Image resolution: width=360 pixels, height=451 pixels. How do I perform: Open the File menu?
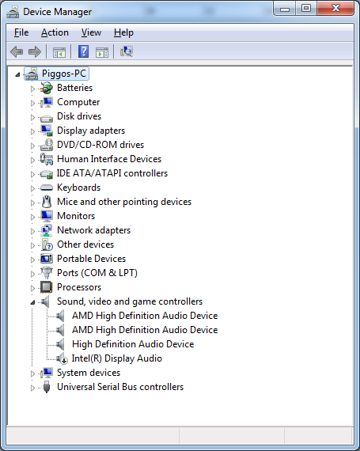point(21,32)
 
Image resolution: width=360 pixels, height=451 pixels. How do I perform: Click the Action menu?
point(55,32)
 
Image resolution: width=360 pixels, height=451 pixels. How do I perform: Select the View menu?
point(91,32)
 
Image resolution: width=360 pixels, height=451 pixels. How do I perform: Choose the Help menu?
point(123,32)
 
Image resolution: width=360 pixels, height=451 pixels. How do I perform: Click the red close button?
point(335,8)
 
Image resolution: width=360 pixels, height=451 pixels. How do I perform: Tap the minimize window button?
point(285,9)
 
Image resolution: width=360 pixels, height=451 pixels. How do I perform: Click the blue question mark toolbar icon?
point(83,51)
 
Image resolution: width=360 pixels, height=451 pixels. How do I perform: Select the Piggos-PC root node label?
point(64,74)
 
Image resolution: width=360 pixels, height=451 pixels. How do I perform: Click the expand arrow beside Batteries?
point(32,89)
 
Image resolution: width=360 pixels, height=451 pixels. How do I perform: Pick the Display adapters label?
point(91,131)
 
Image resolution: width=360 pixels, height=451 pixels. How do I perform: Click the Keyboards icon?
point(47,188)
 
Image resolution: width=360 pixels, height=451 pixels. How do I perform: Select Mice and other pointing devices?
point(124,202)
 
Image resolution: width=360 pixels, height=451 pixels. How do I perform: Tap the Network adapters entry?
point(93,230)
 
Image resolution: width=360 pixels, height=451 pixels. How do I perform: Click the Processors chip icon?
point(47,287)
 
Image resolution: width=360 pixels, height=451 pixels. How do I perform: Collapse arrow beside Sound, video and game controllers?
point(32,302)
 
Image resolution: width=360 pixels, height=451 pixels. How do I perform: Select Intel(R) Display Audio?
point(117,358)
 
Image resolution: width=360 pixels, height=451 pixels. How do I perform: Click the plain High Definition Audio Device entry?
point(133,344)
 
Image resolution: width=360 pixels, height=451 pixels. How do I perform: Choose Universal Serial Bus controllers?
point(120,387)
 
